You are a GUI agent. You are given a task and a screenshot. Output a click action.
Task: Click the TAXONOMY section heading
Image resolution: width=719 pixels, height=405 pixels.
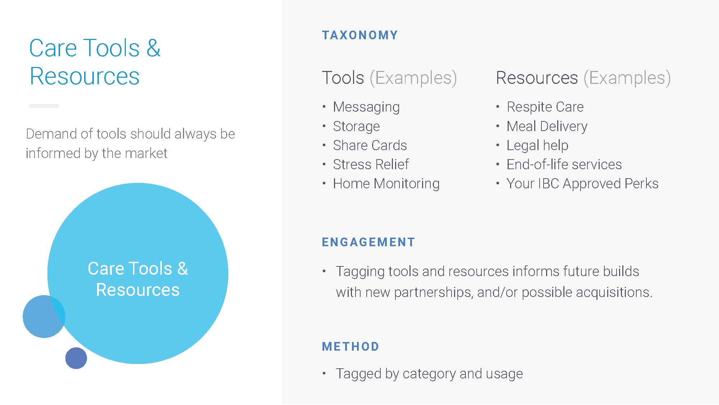click(360, 35)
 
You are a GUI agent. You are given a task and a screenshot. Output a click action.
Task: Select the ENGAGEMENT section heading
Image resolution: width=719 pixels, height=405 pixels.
click(368, 242)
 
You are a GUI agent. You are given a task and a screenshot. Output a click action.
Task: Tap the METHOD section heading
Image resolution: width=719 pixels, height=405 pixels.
click(351, 346)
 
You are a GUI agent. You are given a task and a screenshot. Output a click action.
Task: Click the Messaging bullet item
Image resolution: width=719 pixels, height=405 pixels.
click(366, 107)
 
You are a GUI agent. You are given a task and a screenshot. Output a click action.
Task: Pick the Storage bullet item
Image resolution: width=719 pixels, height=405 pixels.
click(356, 126)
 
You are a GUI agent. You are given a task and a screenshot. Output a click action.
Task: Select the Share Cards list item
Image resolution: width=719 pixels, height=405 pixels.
click(370, 145)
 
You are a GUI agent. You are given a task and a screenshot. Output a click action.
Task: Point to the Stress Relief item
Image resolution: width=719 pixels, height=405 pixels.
click(371, 164)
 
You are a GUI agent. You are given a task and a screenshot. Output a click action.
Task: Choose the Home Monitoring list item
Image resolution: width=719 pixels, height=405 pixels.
click(386, 184)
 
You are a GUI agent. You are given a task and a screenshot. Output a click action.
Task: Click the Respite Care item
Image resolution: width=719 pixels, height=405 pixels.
click(545, 107)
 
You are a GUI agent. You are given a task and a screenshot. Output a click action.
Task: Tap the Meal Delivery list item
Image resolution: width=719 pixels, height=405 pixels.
click(547, 126)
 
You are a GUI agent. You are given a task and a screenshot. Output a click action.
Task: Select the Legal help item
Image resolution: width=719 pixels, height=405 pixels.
click(537, 145)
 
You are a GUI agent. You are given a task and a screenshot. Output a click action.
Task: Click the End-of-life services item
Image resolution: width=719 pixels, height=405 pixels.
click(564, 164)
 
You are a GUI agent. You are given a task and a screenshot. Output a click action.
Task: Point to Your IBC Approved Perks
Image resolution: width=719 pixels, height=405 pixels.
click(582, 184)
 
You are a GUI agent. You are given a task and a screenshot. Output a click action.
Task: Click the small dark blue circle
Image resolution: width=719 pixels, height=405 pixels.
click(76, 358)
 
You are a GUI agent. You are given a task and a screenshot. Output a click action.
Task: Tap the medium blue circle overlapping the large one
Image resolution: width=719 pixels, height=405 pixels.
click(41, 317)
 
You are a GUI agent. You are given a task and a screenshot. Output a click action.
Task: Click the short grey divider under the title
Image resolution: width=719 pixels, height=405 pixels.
click(44, 106)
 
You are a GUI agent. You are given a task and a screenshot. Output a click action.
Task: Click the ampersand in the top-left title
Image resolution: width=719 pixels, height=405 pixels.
click(154, 48)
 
